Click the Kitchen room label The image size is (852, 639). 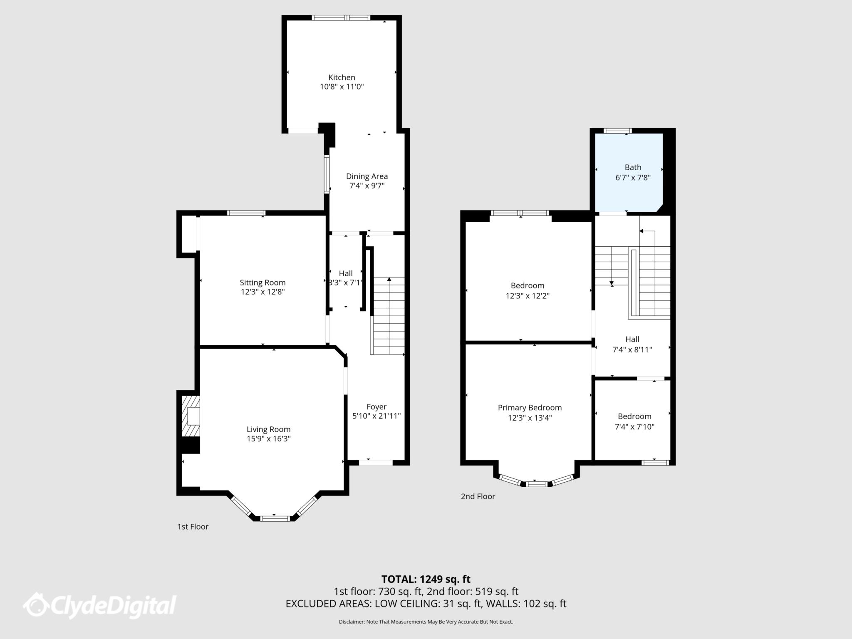pyautogui.click(x=342, y=77)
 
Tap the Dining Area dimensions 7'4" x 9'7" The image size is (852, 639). pyautogui.click(x=367, y=186)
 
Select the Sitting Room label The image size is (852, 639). pyautogui.click(x=263, y=283)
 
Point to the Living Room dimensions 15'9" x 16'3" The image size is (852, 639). pyautogui.click(x=268, y=438)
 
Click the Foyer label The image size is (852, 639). pyautogui.click(x=376, y=406)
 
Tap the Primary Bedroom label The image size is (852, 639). pyautogui.click(x=530, y=408)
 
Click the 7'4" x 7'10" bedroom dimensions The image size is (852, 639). pyautogui.click(x=634, y=426)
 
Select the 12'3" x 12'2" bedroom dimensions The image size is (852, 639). pyautogui.click(x=528, y=296)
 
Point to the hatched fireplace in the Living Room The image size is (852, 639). pyautogui.click(x=191, y=416)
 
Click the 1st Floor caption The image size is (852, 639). pyautogui.click(x=193, y=527)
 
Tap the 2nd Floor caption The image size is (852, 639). pyautogui.click(x=478, y=496)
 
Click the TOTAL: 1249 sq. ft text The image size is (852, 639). pyautogui.click(x=426, y=579)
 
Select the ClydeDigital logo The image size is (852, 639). pyautogui.click(x=100, y=605)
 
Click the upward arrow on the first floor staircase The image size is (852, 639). pyautogui.click(x=389, y=280)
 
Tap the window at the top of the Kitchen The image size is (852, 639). pyautogui.click(x=341, y=17)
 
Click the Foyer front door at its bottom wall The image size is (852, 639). pyautogui.click(x=376, y=462)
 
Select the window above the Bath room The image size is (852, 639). pyautogui.click(x=618, y=131)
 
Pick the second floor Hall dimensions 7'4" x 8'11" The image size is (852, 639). pyautogui.click(x=632, y=349)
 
